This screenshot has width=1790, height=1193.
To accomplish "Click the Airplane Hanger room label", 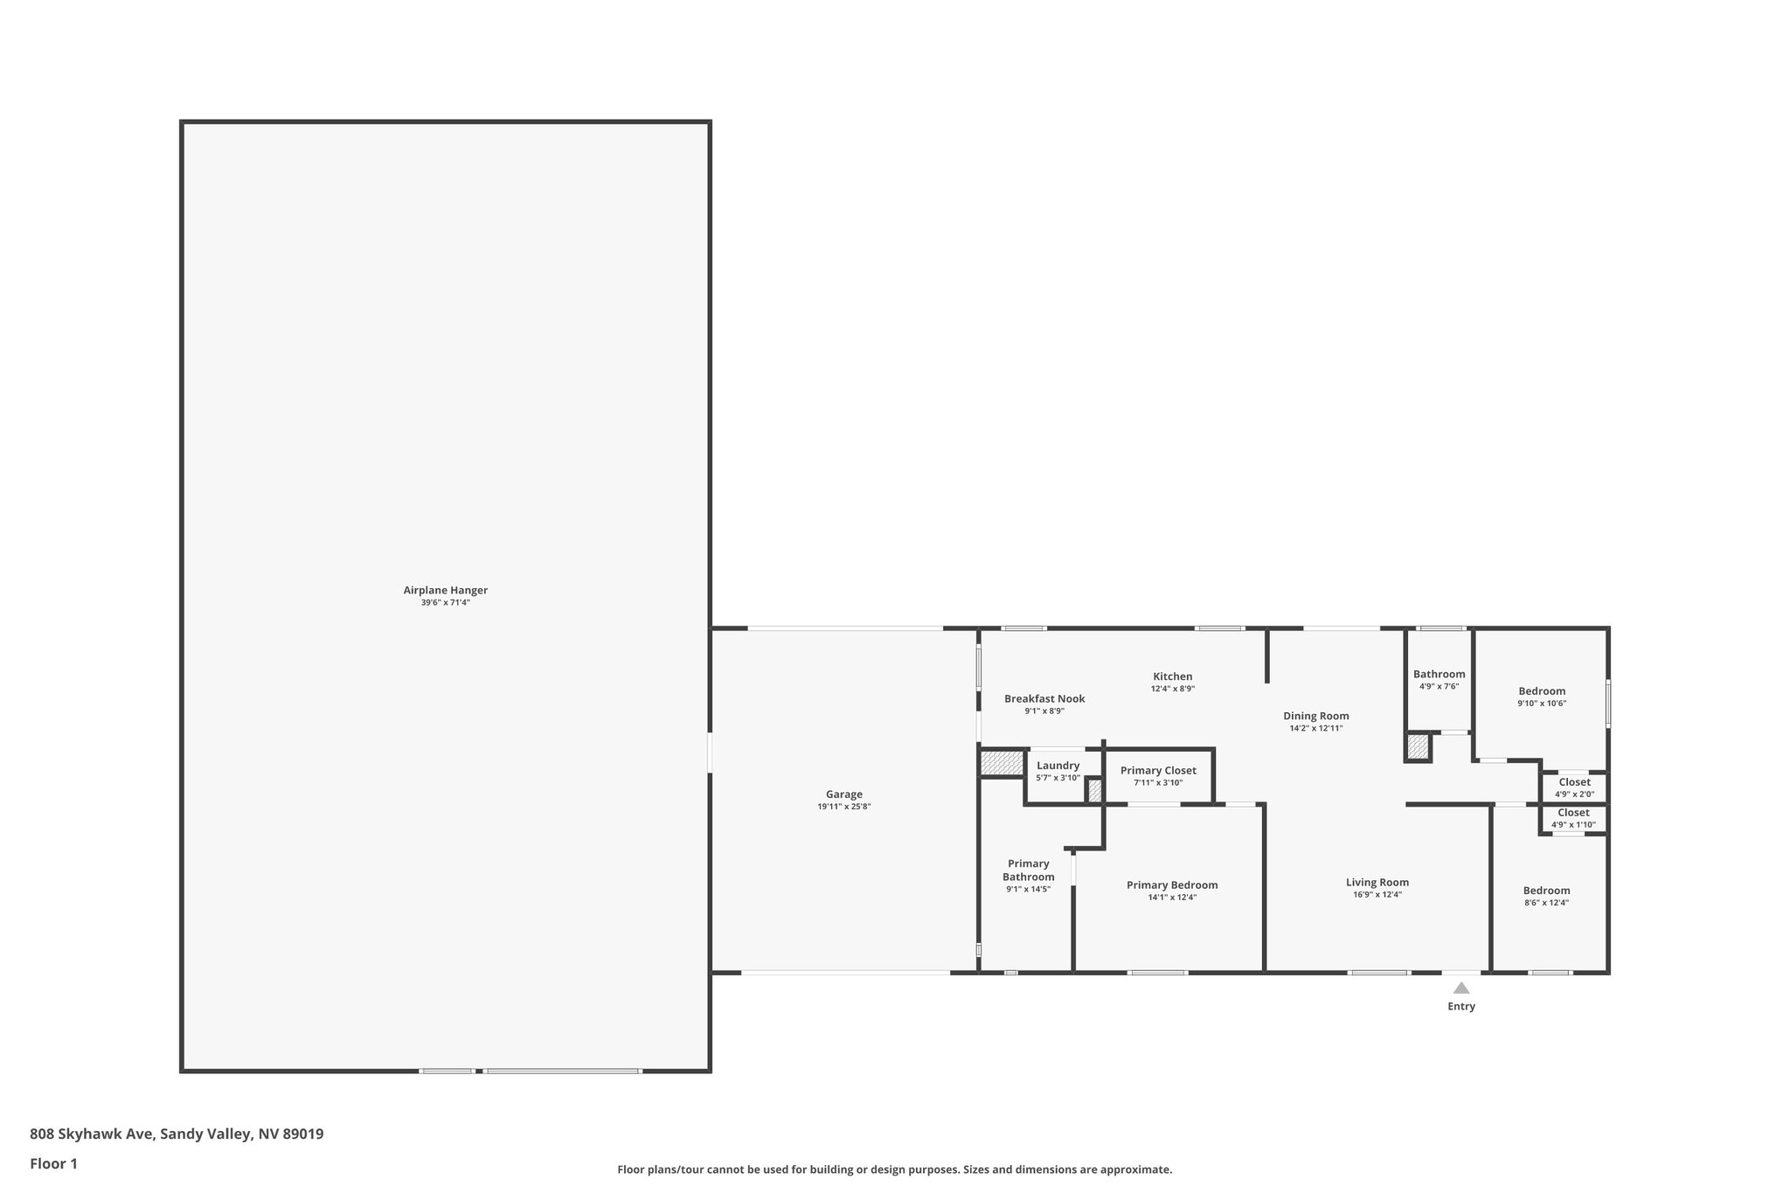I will tap(445, 590).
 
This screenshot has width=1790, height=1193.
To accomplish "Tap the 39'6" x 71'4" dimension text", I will tap(445, 602).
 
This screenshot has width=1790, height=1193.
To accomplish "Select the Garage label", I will tap(843, 794).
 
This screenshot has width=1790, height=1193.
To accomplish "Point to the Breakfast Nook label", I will tap(1044, 698).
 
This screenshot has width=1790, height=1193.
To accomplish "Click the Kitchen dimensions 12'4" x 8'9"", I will tap(1172, 689).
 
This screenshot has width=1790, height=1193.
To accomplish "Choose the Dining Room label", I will tap(1315, 716).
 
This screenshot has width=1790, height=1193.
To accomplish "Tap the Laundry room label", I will tap(1058, 766).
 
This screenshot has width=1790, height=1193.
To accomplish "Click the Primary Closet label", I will tap(1158, 770).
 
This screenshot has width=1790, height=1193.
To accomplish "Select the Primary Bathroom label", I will tap(1028, 870).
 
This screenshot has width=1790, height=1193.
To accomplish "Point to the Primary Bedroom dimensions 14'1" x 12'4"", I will tap(1171, 897).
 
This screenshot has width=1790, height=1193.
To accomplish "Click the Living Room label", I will tap(1377, 882).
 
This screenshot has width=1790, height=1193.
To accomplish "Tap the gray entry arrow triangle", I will tap(1460, 988).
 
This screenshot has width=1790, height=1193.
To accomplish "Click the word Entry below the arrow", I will tap(1460, 1006).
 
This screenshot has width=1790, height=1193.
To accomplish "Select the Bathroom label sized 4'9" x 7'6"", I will tap(1439, 674).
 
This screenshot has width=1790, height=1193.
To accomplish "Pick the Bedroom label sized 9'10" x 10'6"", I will tap(1541, 690).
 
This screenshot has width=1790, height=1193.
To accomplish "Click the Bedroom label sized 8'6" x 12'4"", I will tap(1546, 891).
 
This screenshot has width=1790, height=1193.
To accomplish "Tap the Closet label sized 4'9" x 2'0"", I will tap(1574, 782).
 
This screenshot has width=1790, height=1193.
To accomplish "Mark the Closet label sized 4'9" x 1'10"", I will tap(1573, 813).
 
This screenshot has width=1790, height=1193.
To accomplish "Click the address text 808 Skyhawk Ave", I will tap(93, 1134).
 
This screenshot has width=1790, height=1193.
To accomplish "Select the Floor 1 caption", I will tap(53, 1163).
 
